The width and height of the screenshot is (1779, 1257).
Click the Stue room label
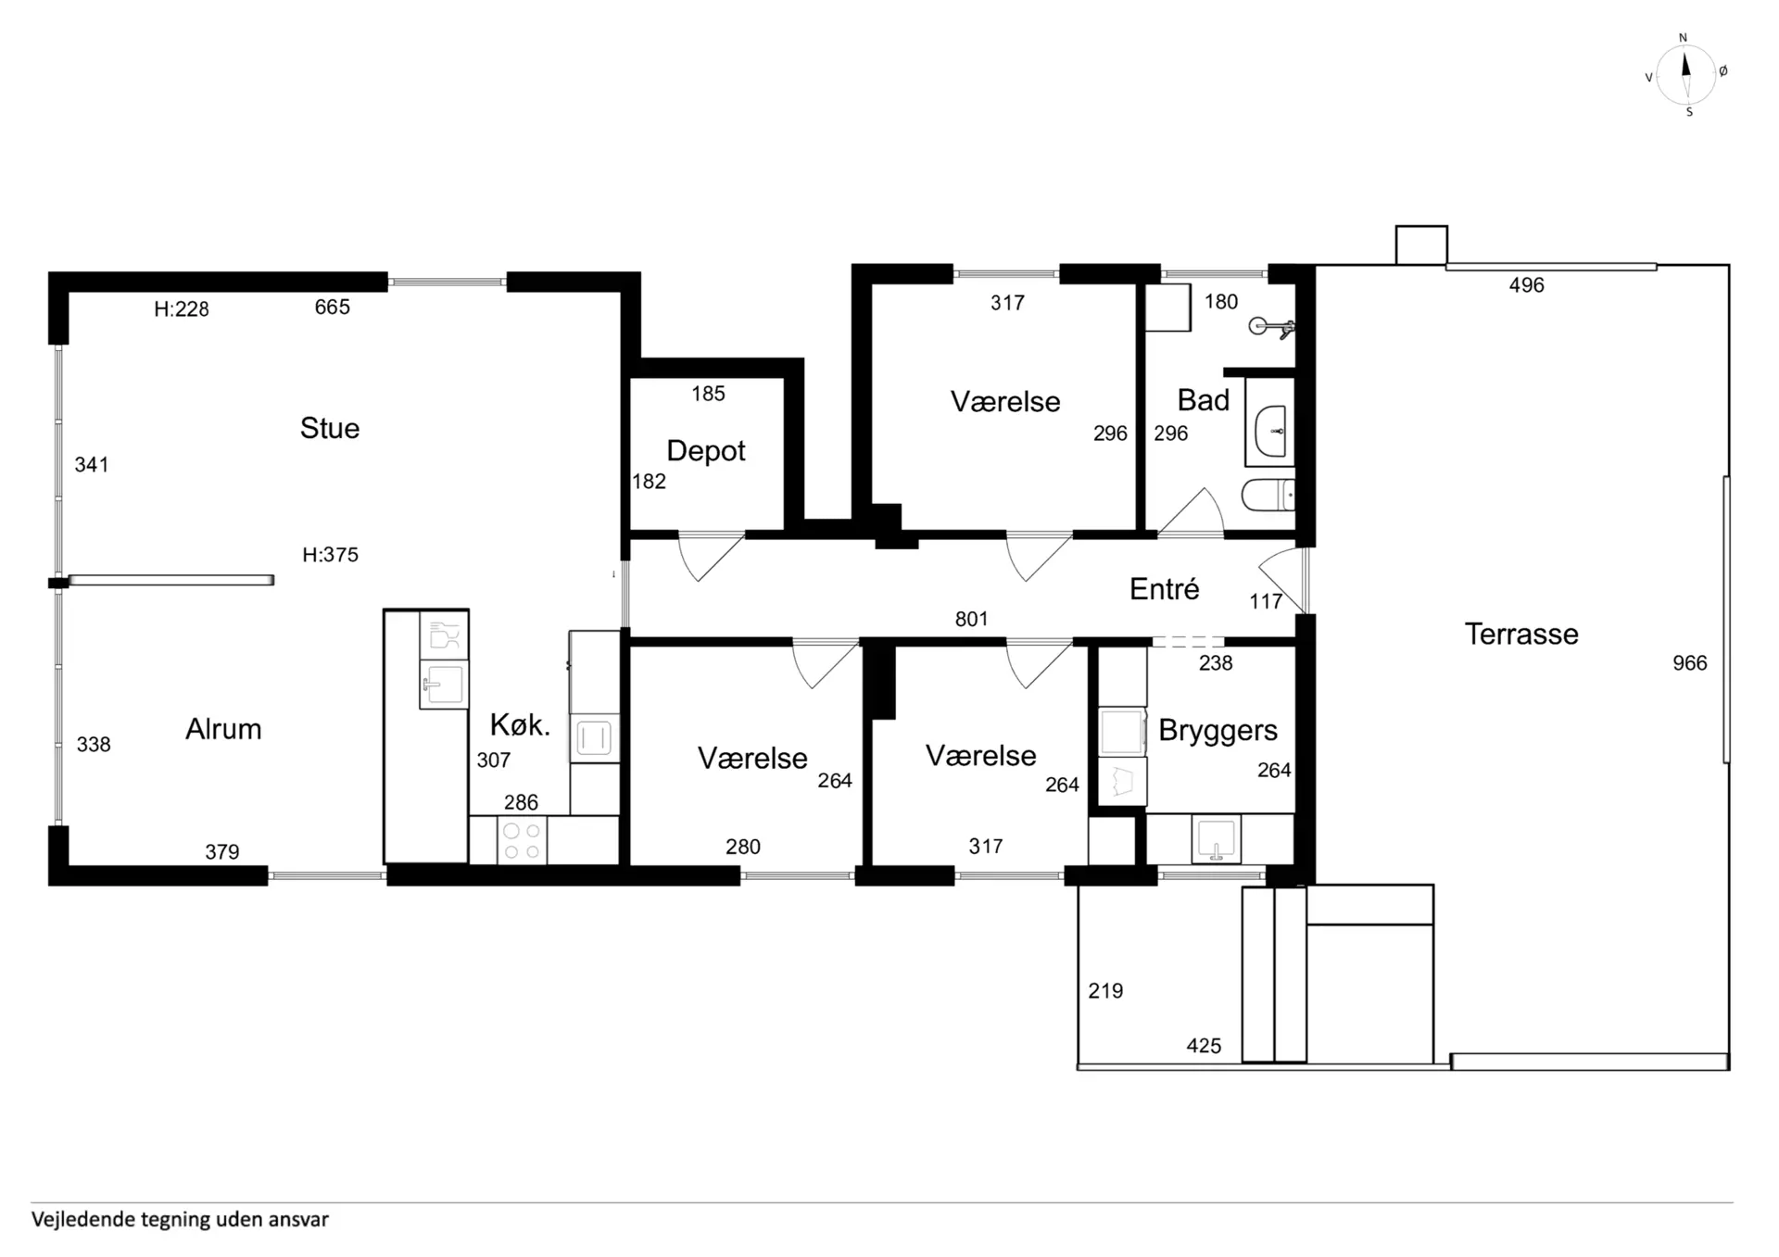[330, 428]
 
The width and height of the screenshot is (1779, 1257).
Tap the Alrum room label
[223, 729]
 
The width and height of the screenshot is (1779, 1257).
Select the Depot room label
[706, 451]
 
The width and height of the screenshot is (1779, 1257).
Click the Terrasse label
[1521, 634]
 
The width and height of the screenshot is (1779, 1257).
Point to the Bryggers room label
[1218, 731]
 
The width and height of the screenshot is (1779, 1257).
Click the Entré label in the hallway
[1165, 588]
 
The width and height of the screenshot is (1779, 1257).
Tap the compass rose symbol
[1686, 74]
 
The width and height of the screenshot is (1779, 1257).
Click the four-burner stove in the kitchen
[522, 841]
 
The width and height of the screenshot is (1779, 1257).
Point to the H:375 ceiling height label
[330, 555]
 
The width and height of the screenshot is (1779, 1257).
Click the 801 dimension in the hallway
[971, 619]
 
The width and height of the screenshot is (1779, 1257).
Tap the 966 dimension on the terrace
[1689, 663]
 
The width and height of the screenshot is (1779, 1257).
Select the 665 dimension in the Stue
[332, 308]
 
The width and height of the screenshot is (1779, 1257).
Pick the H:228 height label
[182, 309]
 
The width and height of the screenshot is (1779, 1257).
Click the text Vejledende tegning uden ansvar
[180, 1219]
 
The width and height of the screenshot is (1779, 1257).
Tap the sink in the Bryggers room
[1216, 839]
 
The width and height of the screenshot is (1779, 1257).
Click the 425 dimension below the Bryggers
[1204, 1046]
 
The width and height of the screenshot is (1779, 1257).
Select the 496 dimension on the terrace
[1526, 285]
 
